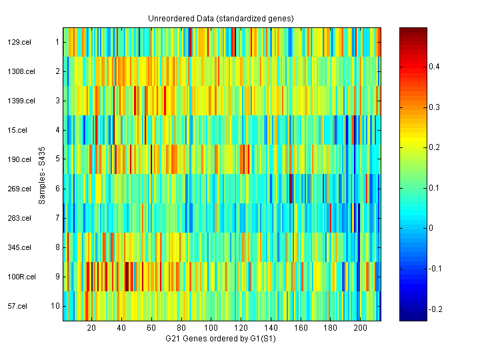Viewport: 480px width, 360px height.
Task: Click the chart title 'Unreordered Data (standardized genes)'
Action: click(x=221, y=18)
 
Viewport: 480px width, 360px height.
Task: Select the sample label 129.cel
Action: click(x=17, y=42)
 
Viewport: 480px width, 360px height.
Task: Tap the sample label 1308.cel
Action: click(x=19, y=71)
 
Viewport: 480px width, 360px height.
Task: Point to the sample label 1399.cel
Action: click(x=19, y=101)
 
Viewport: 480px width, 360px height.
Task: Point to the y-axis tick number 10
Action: click(x=56, y=306)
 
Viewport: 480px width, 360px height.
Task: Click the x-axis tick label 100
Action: click(x=211, y=329)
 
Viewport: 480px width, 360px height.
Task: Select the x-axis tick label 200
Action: click(x=361, y=329)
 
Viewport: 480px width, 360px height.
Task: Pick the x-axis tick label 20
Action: click(x=92, y=329)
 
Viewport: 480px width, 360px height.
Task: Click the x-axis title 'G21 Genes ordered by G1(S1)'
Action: click(x=221, y=339)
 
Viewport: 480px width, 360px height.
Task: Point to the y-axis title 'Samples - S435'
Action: click(x=42, y=174)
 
